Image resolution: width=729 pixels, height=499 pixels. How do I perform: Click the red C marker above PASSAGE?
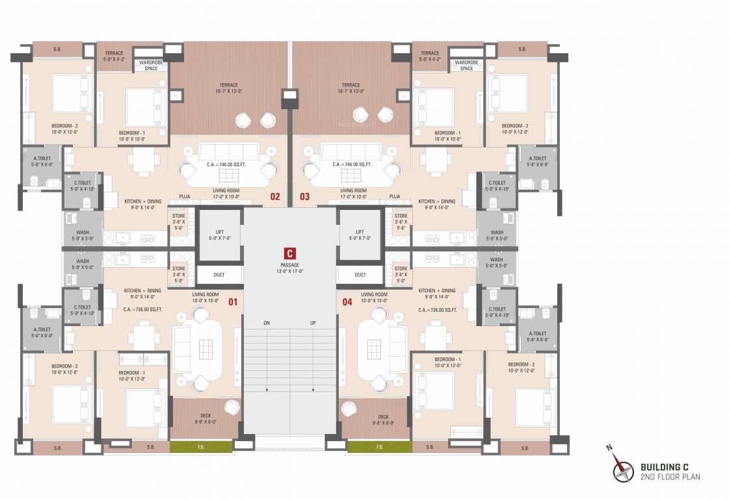[289, 254]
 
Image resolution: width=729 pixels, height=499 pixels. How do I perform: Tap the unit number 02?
[275, 196]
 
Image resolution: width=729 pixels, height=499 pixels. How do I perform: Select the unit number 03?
[304, 196]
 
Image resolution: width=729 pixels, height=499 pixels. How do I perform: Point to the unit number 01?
[232, 301]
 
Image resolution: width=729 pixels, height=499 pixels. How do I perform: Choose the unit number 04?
[347, 301]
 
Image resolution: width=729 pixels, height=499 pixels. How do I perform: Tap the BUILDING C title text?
[664, 467]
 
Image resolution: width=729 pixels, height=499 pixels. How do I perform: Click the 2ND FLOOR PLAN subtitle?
[670, 476]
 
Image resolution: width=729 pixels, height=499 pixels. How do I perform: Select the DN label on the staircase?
[267, 323]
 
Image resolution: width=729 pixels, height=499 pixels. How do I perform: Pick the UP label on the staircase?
[313, 323]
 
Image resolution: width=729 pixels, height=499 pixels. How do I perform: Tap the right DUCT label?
[360, 275]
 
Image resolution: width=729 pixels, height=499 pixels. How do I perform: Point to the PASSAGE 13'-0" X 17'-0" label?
[289, 268]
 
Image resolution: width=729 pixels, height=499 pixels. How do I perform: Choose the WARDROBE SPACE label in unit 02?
[151, 66]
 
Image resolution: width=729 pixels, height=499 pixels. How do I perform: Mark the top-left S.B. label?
[57, 49]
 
